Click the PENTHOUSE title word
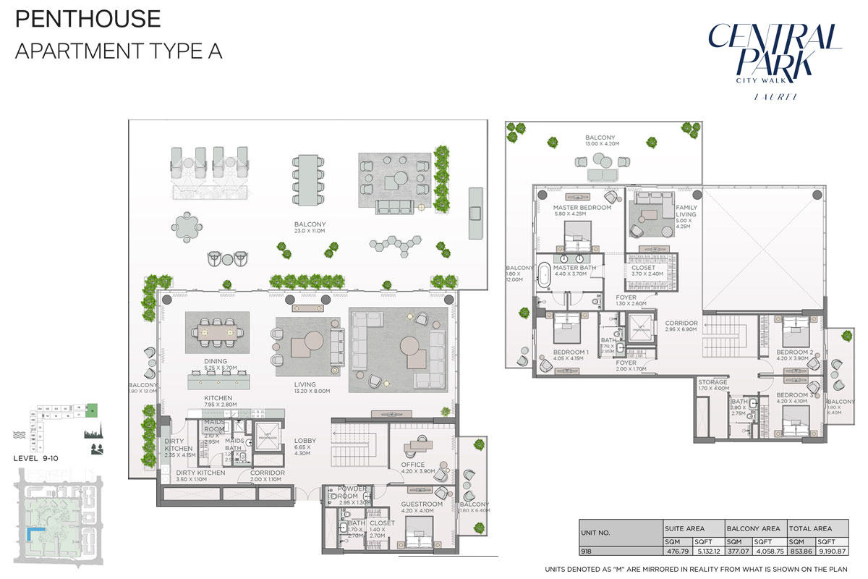(88, 18)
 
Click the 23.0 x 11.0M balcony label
(310, 229)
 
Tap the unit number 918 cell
(586, 551)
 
